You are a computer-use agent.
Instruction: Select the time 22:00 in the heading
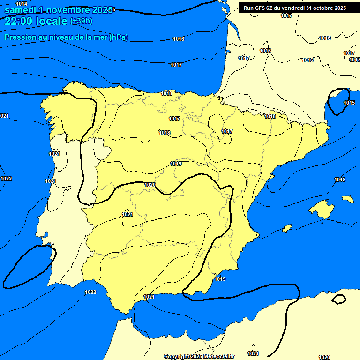(18, 21)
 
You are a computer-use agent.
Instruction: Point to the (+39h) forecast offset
(81, 21)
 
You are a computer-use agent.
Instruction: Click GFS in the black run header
(259, 8)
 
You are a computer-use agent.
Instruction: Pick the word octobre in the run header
(322, 8)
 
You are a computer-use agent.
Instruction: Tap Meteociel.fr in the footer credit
(219, 357)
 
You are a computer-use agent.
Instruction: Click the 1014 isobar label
(22, 4)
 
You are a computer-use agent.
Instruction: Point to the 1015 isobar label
(349, 103)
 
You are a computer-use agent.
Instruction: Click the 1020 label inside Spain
(150, 185)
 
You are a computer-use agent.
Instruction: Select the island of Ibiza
(287, 228)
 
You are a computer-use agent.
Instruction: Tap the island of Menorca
(347, 199)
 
